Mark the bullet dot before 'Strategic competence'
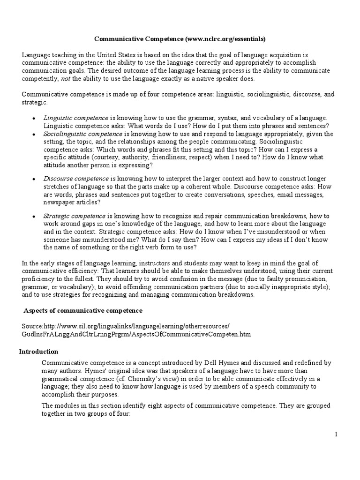[34, 217]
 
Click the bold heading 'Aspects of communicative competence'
[83, 311]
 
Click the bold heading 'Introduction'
[38, 352]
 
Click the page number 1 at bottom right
[336, 435]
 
